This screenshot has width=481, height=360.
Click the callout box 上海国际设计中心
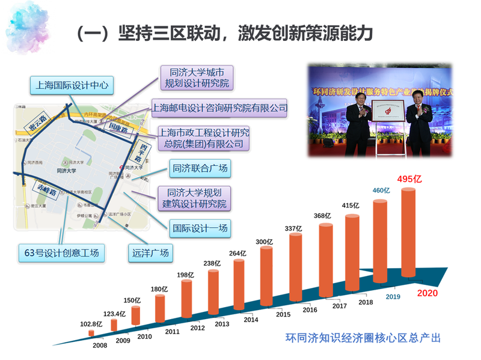click(72, 85)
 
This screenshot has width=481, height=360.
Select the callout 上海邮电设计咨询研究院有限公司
click(219, 108)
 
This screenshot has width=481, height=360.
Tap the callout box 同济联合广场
click(200, 169)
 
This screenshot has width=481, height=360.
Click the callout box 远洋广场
click(149, 252)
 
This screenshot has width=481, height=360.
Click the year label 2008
click(100, 346)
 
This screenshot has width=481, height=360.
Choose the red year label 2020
click(427, 293)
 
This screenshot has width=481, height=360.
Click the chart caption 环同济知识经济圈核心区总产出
click(363, 338)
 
